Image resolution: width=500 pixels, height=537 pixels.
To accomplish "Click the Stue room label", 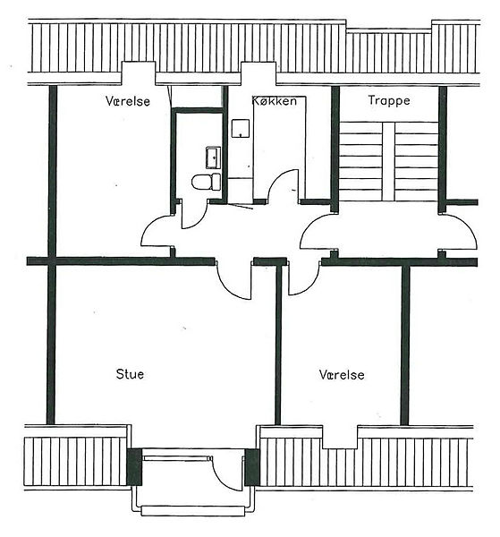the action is click(x=130, y=373).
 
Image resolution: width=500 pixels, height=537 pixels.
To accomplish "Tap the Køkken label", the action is click(x=274, y=100).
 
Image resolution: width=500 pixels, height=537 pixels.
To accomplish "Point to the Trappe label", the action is click(x=389, y=100).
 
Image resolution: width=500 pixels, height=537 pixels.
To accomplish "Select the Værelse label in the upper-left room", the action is click(x=128, y=101).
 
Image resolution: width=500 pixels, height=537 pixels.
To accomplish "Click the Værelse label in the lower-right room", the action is click(x=342, y=375).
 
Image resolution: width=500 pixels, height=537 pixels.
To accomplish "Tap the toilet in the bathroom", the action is click(x=207, y=182).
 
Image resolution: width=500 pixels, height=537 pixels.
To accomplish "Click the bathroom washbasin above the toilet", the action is click(x=213, y=158).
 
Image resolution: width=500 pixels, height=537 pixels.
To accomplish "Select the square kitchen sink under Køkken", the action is click(x=241, y=128).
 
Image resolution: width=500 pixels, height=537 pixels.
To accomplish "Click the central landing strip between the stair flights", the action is click(x=388, y=162).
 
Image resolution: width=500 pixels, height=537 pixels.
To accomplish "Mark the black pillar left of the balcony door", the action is click(x=134, y=466).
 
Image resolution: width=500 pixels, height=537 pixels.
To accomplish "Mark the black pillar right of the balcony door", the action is click(x=252, y=466).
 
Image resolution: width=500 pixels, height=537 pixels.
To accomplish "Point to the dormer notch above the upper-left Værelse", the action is click(x=139, y=73).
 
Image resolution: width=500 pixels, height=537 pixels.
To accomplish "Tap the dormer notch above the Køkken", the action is click(x=258, y=73).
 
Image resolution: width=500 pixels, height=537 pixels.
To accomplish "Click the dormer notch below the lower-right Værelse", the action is click(x=340, y=437).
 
